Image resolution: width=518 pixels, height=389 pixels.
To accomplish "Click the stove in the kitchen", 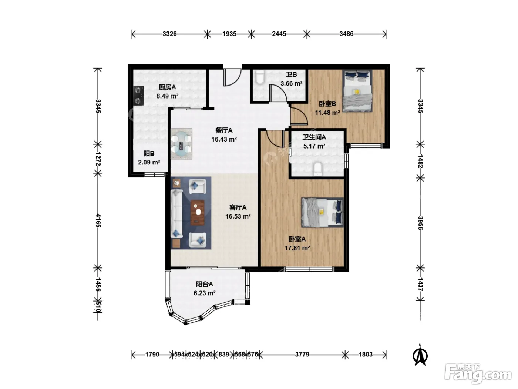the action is pos(138,96).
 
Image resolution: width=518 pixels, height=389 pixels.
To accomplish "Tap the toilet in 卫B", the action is pos(260,77).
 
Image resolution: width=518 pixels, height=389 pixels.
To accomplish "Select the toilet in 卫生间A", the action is pos(317,169).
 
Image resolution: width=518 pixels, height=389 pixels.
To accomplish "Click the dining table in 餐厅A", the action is pos(181,144).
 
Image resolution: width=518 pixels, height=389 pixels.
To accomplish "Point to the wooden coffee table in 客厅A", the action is pos(198,213).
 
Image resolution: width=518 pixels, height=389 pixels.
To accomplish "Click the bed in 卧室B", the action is pos(357,91).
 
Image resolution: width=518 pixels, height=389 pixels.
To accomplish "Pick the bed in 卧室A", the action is pos(322,212).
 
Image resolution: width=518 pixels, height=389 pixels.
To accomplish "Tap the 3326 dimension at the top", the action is pos(169,34).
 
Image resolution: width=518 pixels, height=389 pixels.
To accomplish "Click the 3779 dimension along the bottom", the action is pos(302,354).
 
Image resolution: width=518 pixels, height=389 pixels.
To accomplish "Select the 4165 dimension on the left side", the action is pos(98,220).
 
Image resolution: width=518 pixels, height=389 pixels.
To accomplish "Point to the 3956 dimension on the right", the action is pos(420,223).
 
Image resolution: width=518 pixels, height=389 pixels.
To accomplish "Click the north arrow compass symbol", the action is pos(420,355).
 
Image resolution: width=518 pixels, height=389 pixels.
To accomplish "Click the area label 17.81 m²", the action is pos(297,248).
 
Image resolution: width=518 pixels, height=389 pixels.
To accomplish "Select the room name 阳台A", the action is pos(204,284).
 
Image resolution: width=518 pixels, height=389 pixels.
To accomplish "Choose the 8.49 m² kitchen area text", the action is pos(167,96).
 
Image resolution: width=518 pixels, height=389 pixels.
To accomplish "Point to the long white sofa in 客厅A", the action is pos(176,214).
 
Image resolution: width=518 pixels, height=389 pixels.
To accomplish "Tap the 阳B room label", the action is pos(149,153).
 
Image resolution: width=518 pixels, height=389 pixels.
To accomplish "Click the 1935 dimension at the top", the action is pos(229,34).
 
